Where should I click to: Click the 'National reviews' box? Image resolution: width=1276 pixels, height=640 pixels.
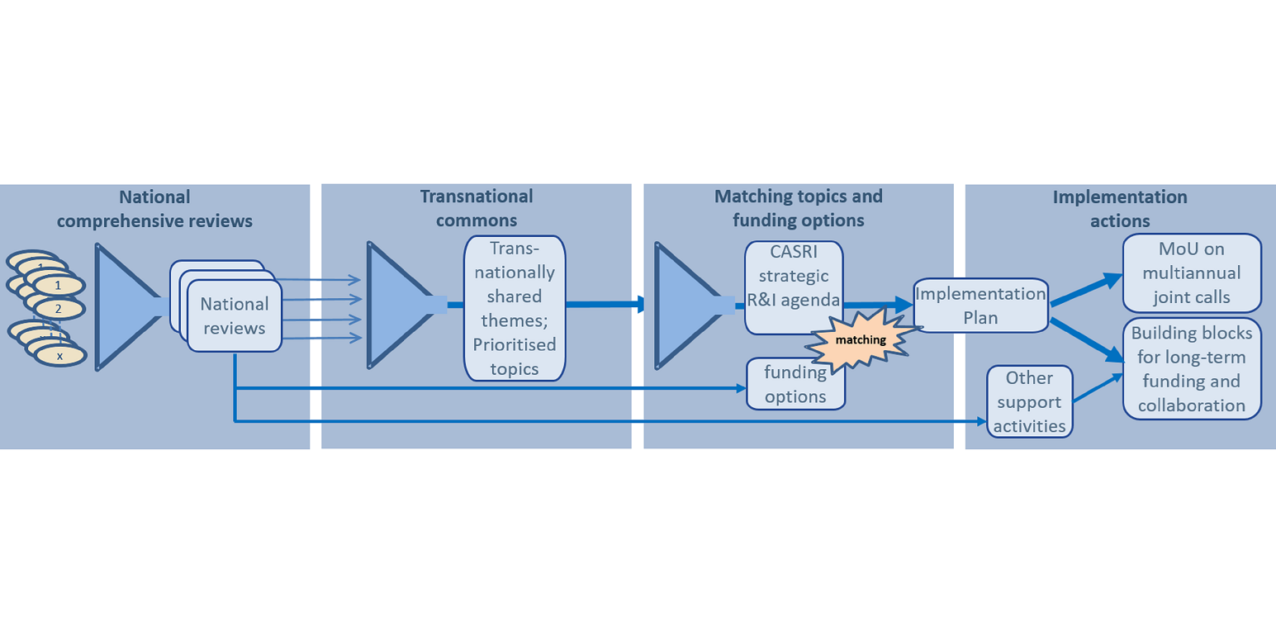pyautogui.click(x=235, y=317)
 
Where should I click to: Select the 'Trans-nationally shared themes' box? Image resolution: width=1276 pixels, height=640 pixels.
pyautogui.click(x=515, y=307)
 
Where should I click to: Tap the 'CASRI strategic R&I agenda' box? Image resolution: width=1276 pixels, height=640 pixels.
pyautogui.click(x=794, y=287)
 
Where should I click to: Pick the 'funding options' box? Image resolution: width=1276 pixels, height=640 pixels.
pyautogui.click(x=795, y=384)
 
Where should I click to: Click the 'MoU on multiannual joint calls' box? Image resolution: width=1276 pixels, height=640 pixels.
pyautogui.click(x=1192, y=273)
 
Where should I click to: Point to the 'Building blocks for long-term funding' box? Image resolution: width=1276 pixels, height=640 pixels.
pyautogui.click(x=1192, y=369)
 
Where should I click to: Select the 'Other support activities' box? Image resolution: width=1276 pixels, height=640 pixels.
pyautogui.click(x=1029, y=402)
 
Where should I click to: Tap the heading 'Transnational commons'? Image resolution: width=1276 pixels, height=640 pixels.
pyautogui.click(x=477, y=209)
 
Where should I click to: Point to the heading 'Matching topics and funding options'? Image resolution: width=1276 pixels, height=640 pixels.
pyautogui.click(x=798, y=209)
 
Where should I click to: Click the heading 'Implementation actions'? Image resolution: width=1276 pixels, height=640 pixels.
pyautogui.click(x=1120, y=209)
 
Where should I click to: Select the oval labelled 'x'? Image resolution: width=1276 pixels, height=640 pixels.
pyautogui.click(x=59, y=355)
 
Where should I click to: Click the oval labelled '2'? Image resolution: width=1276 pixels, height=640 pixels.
pyautogui.click(x=59, y=309)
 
